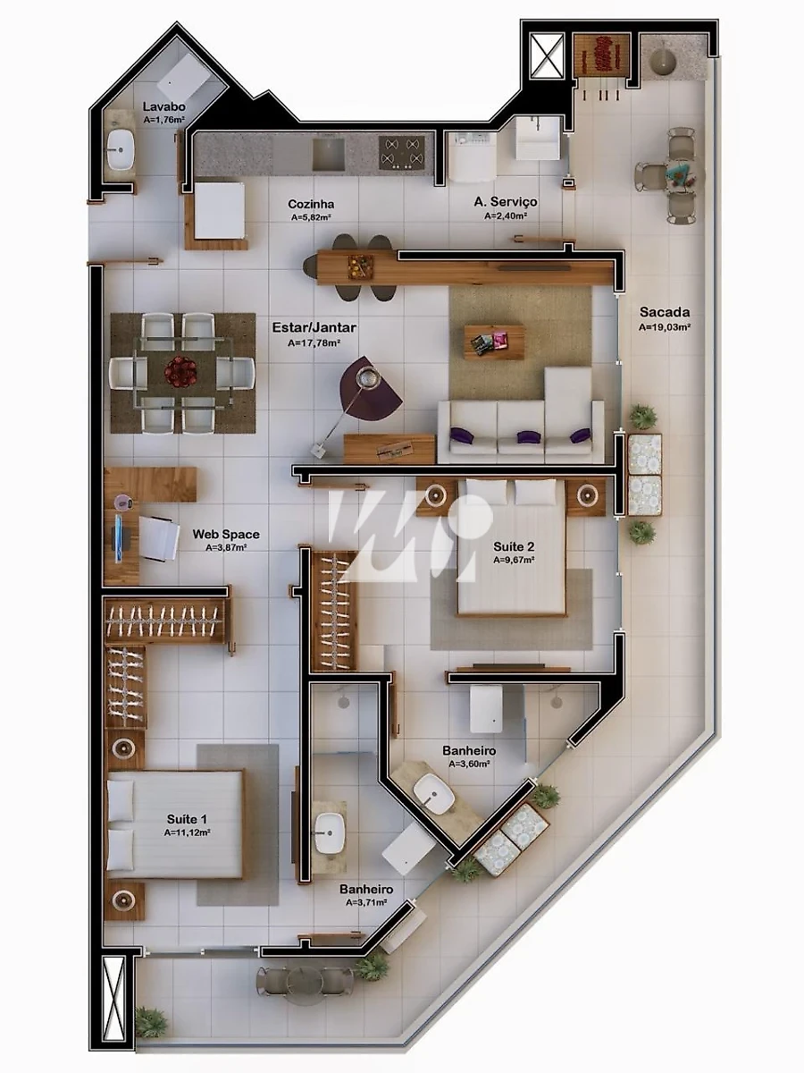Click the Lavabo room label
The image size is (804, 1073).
pyautogui.click(x=163, y=106)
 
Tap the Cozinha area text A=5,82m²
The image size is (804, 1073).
pyautogui.click(x=311, y=217)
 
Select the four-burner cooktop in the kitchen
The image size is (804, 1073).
pyautogui.click(x=401, y=152)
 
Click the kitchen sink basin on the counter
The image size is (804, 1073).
pyautogui.click(x=328, y=153)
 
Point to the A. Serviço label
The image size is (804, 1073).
pyautogui.click(x=506, y=201)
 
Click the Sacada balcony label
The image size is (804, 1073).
pyautogui.click(x=665, y=312)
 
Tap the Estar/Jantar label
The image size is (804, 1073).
pyautogui.click(x=314, y=327)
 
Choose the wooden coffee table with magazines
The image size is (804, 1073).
pyautogui.click(x=495, y=342)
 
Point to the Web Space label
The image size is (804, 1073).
pyautogui.click(x=226, y=534)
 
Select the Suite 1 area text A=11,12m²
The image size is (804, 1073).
pyautogui.click(x=187, y=832)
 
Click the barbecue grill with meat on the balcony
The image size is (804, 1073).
pyautogui.click(x=601, y=54)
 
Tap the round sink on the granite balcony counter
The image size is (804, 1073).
pyautogui.click(x=663, y=60)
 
